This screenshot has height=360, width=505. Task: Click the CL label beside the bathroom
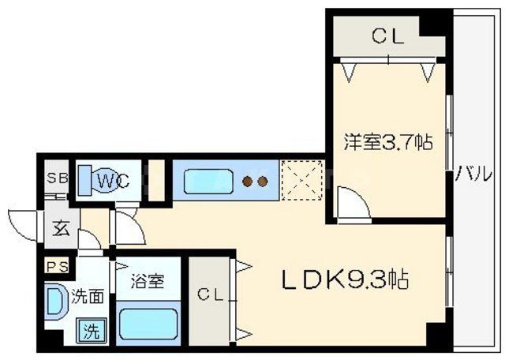208,296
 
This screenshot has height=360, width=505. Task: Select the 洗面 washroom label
88,297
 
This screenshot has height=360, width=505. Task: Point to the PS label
57,265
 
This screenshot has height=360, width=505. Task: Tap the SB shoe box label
57,178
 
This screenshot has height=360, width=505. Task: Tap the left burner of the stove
247,182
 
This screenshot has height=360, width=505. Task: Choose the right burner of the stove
263,182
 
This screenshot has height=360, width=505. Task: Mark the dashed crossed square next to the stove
301,180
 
